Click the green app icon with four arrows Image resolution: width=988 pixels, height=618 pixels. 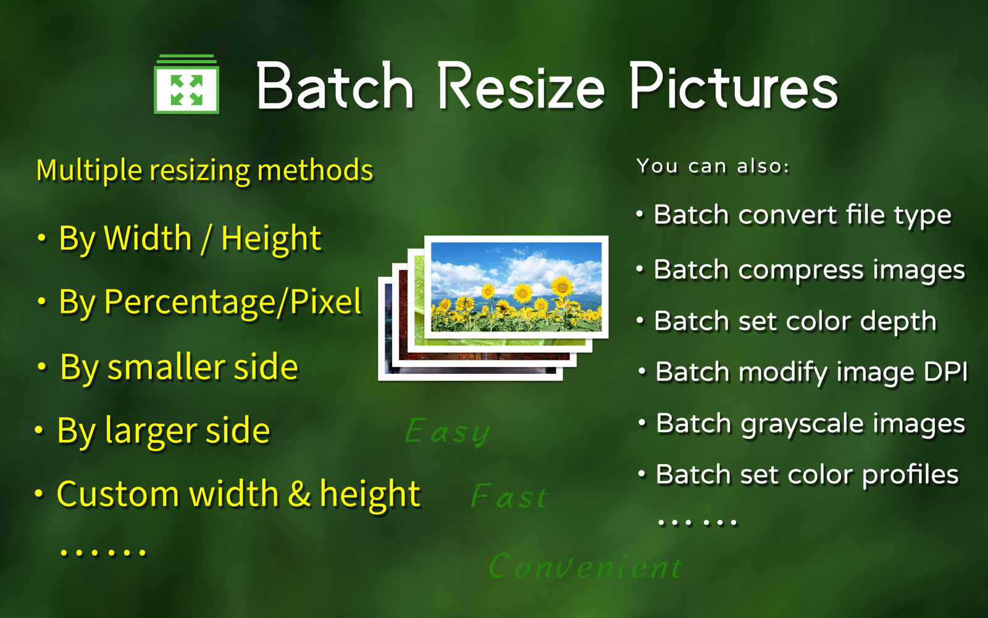point(186,84)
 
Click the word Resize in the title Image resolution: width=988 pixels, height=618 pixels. point(521,85)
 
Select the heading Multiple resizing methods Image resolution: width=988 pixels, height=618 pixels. point(204,171)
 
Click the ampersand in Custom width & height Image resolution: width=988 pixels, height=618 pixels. point(299,494)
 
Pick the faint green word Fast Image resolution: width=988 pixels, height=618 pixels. point(509,496)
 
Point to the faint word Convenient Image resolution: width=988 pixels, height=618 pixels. point(586,565)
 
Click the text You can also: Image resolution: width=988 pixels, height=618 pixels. point(713,166)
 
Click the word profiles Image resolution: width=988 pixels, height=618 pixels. point(910,475)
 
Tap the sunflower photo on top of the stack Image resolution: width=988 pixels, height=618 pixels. point(516,287)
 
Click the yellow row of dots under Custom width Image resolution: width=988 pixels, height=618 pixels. point(103,552)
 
